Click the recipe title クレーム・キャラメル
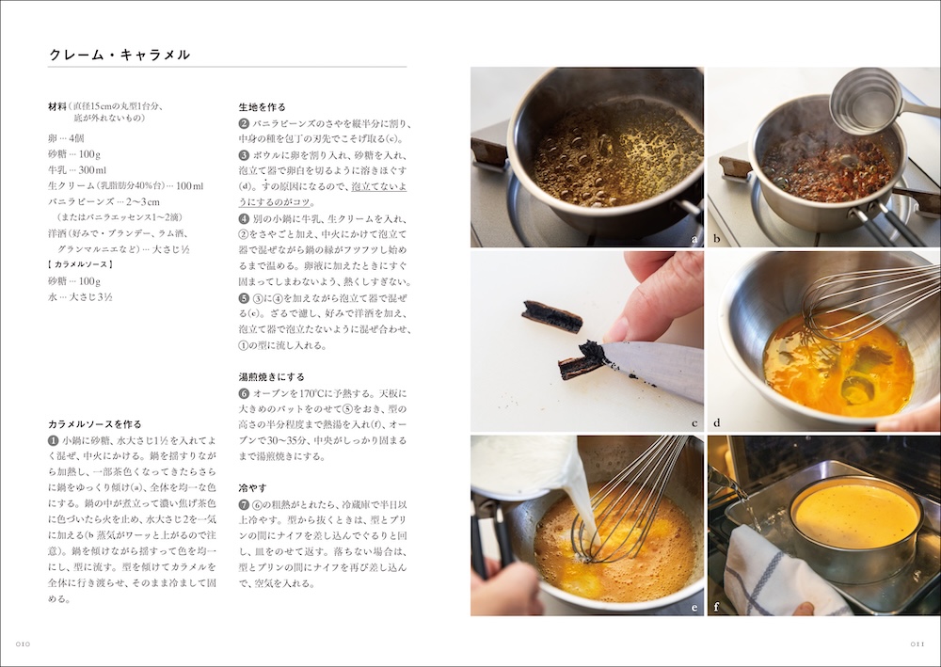[x=120, y=56]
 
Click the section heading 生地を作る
[x=263, y=107]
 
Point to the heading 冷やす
[x=252, y=488]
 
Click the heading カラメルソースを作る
[x=95, y=424]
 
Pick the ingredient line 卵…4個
[x=66, y=137]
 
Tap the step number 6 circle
[x=244, y=393]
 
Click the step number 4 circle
[x=244, y=219]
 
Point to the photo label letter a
[x=694, y=240]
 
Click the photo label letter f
[x=929, y=608]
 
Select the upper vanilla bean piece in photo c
[x=553, y=316]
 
